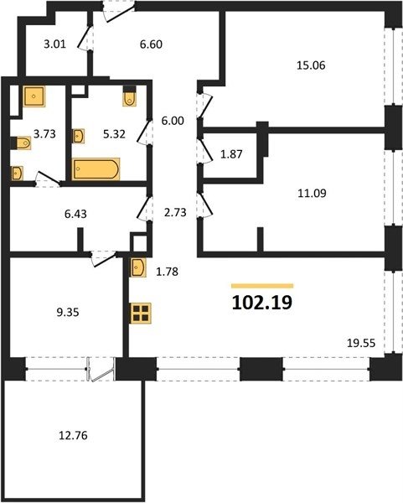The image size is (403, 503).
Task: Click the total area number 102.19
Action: coord(262,302)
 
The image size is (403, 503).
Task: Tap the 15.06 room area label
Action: coord(311,65)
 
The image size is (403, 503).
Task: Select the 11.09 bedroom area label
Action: coord(312,193)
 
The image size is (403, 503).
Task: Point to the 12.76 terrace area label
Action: coord(73,436)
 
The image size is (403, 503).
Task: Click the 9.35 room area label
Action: coord(68,312)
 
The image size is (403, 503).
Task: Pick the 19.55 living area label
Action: coord(361,343)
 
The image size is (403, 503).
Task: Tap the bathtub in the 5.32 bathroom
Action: coord(96,169)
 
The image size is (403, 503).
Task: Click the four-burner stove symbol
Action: coord(141,313)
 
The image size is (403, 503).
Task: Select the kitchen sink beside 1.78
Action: coord(138,267)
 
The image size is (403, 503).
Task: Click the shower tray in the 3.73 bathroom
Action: coord(34,96)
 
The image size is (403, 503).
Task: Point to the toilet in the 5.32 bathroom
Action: coord(130,96)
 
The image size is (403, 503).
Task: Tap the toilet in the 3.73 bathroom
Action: coord(20,143)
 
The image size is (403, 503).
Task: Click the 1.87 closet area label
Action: coord(231,154)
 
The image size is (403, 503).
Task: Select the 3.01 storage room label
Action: coord(54,44)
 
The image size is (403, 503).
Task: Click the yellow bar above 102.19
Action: coord(262,286)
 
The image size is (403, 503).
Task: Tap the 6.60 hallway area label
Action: coord(151,44)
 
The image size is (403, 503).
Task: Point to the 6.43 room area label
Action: coord(75,214)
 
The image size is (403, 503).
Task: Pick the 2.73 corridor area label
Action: coord(175,212)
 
